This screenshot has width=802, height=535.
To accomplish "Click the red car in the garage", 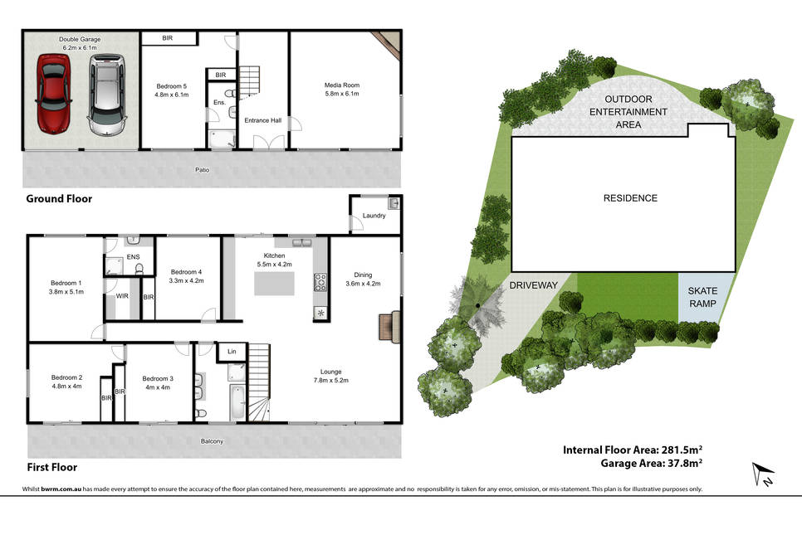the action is click(54, 94).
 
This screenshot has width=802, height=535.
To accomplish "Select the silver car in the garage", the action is click(107, 95).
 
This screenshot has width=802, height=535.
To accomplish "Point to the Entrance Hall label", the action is click(263, 120).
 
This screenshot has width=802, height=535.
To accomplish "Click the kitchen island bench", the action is click(274, 284).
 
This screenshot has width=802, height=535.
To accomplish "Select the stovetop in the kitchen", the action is click(320, 283).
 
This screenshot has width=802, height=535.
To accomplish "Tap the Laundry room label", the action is click(374, 216).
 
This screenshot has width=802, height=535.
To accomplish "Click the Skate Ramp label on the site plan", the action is click(702, 297).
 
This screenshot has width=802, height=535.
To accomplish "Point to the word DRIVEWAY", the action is click(534, 285).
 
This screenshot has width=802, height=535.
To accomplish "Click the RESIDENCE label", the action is click(630, 198).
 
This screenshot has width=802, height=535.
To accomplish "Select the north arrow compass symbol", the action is click(763, 474).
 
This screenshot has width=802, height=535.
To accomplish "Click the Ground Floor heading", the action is click(59, 199).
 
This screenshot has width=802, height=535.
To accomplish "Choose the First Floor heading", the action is click(52, 467).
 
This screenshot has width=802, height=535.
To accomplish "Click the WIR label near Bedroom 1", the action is click(122, 296).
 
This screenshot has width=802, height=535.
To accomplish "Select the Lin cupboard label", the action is click(232, 352).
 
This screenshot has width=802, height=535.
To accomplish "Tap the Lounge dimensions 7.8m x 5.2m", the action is click(331, 380).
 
